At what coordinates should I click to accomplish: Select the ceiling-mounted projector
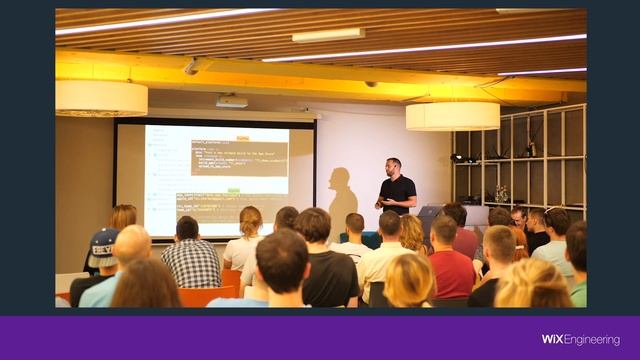click(231, 101)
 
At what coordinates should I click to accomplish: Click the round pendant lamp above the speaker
click(452, 116)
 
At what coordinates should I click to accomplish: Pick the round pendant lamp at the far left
click(101, 98)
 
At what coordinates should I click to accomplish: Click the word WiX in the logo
click(555, 340)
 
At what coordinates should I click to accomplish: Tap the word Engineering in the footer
click(594, 340)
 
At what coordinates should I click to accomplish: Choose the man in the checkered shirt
click(190, 260)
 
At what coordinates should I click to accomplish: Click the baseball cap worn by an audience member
click(103, 241)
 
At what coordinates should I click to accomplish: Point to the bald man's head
click(131, 242)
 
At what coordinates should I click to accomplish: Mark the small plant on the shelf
click(501, 193)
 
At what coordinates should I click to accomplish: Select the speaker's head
click(393, 165)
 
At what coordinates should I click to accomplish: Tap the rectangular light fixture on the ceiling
click(329, 35)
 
